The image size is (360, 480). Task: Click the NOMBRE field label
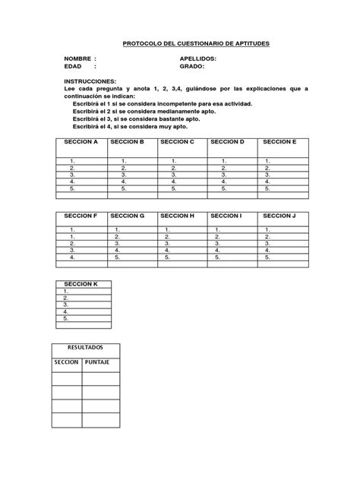point(78,58)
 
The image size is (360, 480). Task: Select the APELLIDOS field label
point(197,58)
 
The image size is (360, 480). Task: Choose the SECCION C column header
point(177,142)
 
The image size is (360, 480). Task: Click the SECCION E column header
point(279,142)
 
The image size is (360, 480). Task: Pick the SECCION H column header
point(177,216)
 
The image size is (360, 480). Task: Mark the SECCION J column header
point(279,216)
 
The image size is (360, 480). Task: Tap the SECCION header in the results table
point(66,362)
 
